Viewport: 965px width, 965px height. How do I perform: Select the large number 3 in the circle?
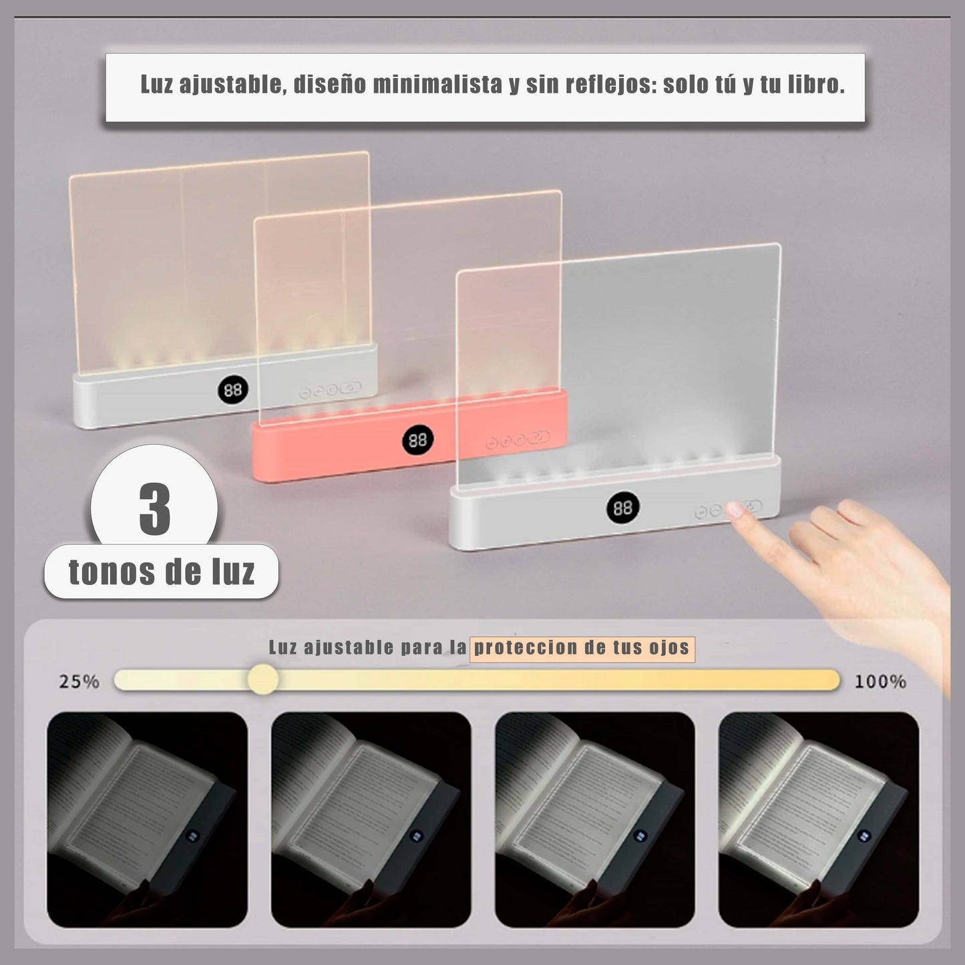155,510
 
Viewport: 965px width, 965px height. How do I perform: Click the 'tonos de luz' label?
162,572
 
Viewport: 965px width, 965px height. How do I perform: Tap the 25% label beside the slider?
79,682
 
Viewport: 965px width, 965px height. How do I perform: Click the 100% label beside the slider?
880,682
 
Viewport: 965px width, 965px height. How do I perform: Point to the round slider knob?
262,680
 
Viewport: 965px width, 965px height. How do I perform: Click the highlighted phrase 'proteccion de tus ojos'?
582,648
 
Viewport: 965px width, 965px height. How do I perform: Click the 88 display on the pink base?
417,440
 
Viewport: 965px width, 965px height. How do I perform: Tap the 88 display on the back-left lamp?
232,389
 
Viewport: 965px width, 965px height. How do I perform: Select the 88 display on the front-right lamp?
622,509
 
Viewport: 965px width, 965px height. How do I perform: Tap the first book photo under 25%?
147,819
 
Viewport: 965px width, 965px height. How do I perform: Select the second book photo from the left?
371,819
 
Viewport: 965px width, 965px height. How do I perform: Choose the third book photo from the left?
594,819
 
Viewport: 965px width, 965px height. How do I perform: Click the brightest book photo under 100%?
818,819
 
